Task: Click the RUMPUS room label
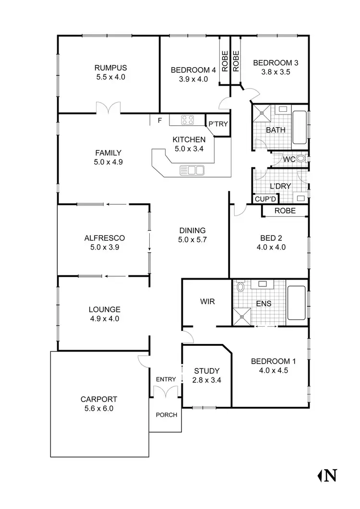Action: pos(110,68)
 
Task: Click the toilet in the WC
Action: pos(301,159)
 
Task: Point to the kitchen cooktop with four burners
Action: pos(188,120)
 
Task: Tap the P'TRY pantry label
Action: pos(218,124)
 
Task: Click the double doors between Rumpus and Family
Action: pos(107,108)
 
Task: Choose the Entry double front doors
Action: pos(166,391)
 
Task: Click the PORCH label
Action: pos(167,415)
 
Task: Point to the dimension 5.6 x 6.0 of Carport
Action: pos(99,409)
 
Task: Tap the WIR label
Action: pos(207,302)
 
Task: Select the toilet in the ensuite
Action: pos(241,287)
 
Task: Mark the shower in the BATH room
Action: pos(262,114)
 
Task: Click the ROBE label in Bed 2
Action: pos(285,211)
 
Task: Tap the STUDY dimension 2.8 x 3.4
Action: pos(207,380)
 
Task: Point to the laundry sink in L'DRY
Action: pos(300,197)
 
